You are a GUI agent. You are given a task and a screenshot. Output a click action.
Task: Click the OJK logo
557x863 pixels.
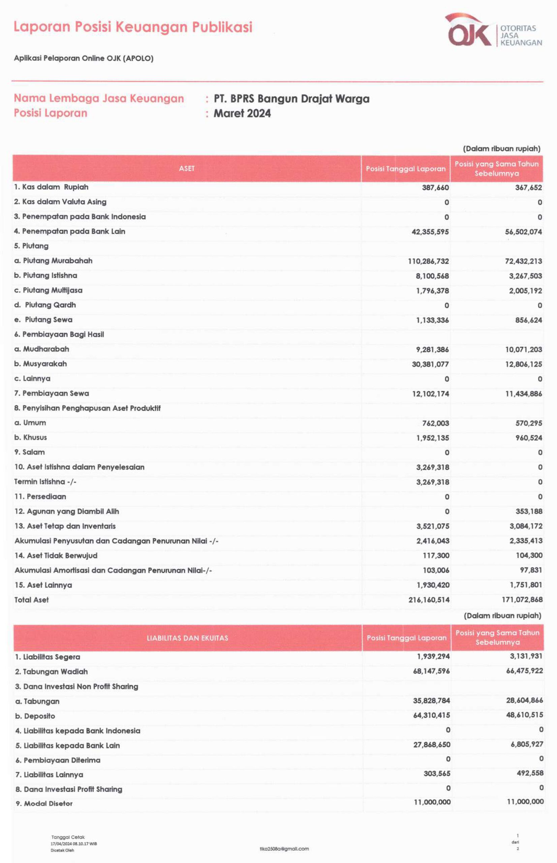pyautogui.click(x=494, y=31)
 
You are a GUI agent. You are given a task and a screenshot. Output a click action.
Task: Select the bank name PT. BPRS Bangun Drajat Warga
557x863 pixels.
pyautogui.click(x=291, y=99)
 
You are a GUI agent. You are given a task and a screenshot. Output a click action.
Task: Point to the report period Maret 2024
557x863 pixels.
pyautogui.click(x=242, y=113)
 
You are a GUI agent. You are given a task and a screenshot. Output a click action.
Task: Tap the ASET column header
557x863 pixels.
pyautogui.click(x=187, y=169)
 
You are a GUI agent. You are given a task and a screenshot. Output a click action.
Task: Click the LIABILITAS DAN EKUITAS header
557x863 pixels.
pyautogui.click(x=187, y=638)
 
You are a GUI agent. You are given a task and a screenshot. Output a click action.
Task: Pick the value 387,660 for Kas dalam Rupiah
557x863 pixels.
pyautogui.click(x=435, y=187)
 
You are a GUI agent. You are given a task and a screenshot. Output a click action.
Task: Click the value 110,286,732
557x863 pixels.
pyautogui.click(x=428, y=261)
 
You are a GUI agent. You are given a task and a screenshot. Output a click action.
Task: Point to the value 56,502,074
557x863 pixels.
pyautogui.click(x=523, y=232)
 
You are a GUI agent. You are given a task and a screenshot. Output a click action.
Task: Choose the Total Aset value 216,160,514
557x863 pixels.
pyautogui.click(x=429, y=600)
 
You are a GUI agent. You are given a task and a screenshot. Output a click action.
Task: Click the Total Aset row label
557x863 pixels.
pyautogui.click(x=31, y=600)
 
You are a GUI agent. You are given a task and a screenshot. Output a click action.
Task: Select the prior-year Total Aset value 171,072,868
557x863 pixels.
pyautogui.click(x=522, y=600)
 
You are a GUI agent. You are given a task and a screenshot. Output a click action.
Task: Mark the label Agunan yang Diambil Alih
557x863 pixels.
pyautogui.click(x=67, y=511)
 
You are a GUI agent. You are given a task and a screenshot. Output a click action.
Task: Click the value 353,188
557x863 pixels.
pyautogui.click(x=529, y=511)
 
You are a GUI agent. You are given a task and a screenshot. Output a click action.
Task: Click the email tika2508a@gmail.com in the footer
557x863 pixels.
pyautogui.click(x=284, y=849)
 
